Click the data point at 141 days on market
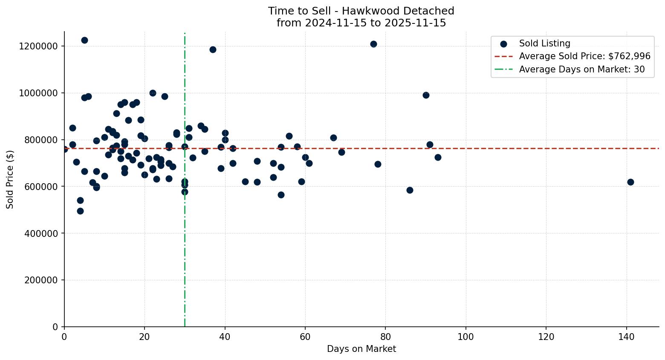pyautogui.click(x=630, y=182)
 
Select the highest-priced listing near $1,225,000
pyautogui.click(x=84, y=40)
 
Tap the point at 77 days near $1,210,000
pyautogui.click(x=373, y=44)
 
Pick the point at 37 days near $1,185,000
pyautogui.click(x=213, y=49)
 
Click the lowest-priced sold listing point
pyautogui.click(x=80, y=211)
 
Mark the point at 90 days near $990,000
pyautogui.click(x=425, y=95)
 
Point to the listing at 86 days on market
pyautogui.click(x=410, y=190)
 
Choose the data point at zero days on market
pyautogui.click(x=64, y=149)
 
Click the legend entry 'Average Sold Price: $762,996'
pyautogui.click(x=584, y=56)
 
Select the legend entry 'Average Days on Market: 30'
pyautogui.click(x=581, y=69)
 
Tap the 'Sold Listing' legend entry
pyautogui.click(x=544, y=43)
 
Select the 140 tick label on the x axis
pyautogui.click(x=626, y=337)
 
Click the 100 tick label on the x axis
pyautogui.click(x=465, y=337)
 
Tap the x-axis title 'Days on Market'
pyautogui.click(x=361, y=349)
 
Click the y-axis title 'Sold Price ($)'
pyautogui.click(x=10, y=179)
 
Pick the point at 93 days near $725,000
pyautogui.click(x=438, y=157)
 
